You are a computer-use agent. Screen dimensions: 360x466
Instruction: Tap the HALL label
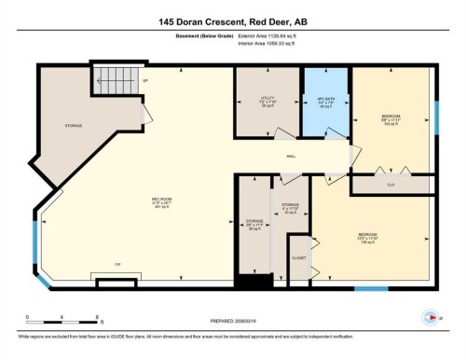click(x=291, y=157)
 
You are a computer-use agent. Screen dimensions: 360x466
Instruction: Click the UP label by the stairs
click(x=146, y=81)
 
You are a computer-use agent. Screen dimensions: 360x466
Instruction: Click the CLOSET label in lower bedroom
click(x=298, y=256)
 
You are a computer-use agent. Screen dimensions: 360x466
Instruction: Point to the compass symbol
click(x=431, y=317)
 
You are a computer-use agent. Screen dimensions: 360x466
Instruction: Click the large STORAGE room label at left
click(x=73, y=124)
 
